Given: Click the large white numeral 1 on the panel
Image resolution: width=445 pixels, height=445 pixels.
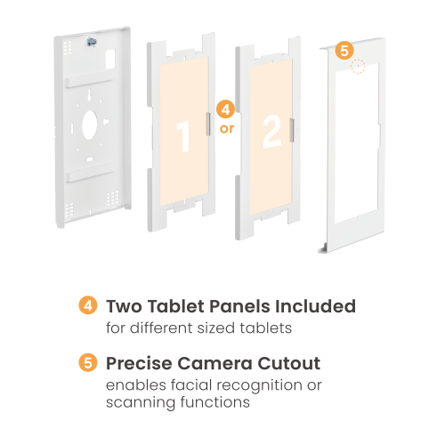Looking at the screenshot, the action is tap(184, 136).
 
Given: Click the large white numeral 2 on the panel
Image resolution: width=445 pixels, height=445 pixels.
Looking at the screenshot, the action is tap(271, 132).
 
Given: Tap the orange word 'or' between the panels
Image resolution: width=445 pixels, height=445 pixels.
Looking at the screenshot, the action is tap(227, 129).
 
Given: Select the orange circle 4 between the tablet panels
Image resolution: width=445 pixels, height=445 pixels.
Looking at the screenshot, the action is tap(226, 109).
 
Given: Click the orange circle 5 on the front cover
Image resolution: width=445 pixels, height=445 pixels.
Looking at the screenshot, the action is tap(344, 50).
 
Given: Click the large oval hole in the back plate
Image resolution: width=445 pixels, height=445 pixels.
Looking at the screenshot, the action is tap(89, 125).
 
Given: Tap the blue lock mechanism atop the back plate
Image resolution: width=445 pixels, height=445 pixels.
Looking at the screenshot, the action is tap(92, 42).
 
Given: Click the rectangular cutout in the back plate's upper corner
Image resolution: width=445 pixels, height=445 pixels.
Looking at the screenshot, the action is tap(110, 59).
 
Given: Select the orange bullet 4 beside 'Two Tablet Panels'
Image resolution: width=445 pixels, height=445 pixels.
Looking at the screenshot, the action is tap(88, 305).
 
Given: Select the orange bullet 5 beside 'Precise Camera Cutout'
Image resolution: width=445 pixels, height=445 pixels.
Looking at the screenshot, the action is tap(88, 362).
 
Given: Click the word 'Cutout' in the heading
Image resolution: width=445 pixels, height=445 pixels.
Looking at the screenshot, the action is tap(289, 363).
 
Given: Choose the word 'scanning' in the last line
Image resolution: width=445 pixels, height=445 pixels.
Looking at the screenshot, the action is tap(141, 403).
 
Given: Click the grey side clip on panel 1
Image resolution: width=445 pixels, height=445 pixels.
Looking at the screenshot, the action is tap(208, 125).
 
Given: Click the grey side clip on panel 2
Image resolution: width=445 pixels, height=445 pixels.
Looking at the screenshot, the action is tap(292, 130).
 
